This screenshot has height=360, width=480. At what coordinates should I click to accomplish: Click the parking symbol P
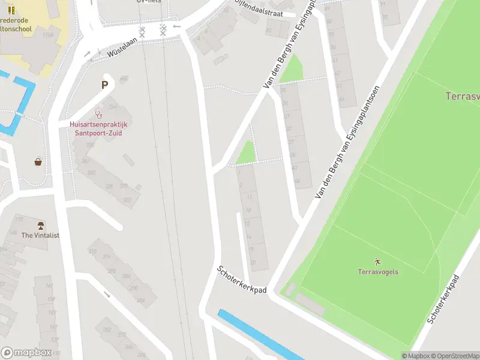coord(105,85)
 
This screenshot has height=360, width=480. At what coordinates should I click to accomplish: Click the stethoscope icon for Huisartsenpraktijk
coord(98,114)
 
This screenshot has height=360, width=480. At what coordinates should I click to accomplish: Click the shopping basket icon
coord(38,162)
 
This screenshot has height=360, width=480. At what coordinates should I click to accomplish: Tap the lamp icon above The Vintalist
coord(41,226)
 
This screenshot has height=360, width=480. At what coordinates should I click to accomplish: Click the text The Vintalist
coord(41,236)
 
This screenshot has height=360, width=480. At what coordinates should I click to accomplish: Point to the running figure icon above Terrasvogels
coord(377,262)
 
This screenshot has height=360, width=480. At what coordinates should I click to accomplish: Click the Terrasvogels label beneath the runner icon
coord(378,272)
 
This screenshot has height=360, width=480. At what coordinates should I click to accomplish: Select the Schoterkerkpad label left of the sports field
coord(242,280)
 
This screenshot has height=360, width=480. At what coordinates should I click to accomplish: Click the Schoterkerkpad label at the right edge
coord(443,300)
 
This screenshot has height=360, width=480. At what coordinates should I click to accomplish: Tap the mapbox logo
coord(26,352)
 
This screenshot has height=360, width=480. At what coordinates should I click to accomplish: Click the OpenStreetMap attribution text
coord(454,356)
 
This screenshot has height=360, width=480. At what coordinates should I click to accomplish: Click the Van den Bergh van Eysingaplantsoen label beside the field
coord(347,142)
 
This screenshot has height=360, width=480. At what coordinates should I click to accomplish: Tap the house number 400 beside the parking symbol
coord(124,79)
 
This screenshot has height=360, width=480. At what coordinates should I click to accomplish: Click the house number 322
coord(127,199)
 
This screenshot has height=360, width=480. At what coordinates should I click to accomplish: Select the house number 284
coord(141,300)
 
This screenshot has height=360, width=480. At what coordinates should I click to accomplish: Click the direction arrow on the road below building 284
coord(107,295)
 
